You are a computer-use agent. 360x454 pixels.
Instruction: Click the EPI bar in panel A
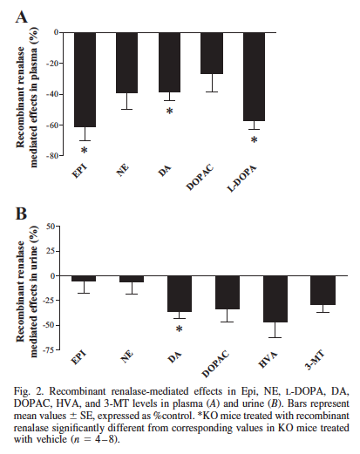tap(85, 79)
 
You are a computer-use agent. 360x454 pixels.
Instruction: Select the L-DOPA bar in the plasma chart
tap(254, 77)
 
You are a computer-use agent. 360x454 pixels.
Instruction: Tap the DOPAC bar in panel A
tap(212, 53)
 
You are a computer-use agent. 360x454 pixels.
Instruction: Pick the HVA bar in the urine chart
tap(275, 299)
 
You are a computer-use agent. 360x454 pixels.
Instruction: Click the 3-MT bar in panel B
tap(323, 290)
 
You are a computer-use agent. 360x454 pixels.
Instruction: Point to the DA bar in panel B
tap(180, 294)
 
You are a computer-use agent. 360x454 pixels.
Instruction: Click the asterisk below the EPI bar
tap(84, 151)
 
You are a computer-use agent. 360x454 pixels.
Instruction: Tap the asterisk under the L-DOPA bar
tap(255, 140)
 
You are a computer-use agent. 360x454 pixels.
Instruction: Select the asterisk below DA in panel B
tap(180, 329)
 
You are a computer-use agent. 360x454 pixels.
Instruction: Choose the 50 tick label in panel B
tap(51, 227)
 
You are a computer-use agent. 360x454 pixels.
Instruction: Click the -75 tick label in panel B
tap(50, 350)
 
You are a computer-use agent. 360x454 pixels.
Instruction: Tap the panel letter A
tap(21, 17)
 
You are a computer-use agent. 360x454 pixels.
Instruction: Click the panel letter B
tap(21, 213)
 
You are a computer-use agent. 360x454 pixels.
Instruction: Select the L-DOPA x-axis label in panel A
tap(241, 179)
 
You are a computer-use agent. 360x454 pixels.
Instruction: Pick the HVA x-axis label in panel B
tap(268, 360)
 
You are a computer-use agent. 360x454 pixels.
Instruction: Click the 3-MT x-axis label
tap(315, 360)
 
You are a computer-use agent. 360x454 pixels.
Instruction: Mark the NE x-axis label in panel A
tap(122, 170)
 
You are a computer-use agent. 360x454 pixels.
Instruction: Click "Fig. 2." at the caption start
tap(29, 391)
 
